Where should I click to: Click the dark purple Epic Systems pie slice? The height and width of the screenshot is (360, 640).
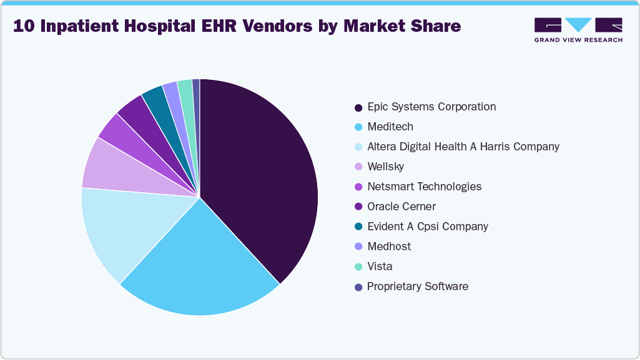point(262,175)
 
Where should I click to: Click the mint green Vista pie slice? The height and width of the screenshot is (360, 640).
point(185,90)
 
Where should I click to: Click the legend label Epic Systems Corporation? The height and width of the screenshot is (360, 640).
point(431,107)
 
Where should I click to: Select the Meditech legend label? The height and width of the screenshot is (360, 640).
point(390,127)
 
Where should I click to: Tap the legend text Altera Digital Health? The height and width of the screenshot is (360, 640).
point(463,147)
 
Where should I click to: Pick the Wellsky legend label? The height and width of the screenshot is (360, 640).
point(385,167)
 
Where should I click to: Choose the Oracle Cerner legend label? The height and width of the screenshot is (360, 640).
point(401,207)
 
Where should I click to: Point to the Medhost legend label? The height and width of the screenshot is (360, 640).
point(389,246)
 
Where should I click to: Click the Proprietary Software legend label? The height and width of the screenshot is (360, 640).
point(418,286)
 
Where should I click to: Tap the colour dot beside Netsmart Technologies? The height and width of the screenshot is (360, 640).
point(358,187)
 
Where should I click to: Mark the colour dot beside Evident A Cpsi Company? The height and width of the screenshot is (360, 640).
point(358,227)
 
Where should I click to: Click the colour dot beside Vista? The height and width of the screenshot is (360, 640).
point(358,267)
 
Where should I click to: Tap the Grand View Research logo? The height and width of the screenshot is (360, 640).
point(578,29)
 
